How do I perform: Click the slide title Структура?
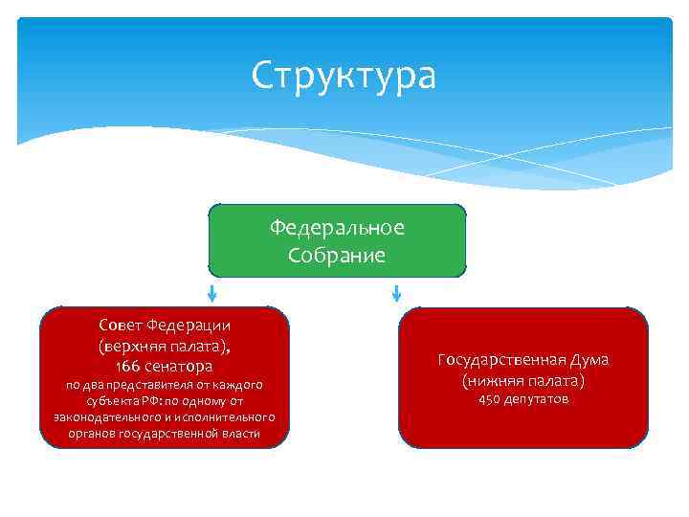[344, 76]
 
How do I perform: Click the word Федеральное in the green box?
[337, 228]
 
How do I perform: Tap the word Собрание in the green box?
[337, 255]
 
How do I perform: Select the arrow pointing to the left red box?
[211, 291]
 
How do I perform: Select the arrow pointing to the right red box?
[396, 291]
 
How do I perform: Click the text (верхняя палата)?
[163, 345]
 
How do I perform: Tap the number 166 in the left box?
[128, 366]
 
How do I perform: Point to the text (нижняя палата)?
[522, 380]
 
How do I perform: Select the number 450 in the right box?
[489, 399]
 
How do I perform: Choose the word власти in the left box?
[239, 434]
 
